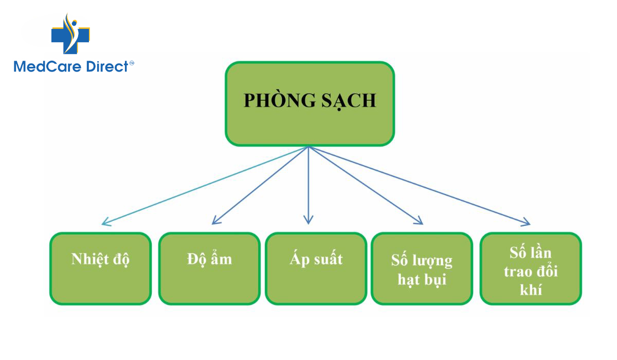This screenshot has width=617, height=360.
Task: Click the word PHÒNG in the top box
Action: [x=280, y=100]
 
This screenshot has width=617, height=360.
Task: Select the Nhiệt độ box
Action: [x=101, y=268]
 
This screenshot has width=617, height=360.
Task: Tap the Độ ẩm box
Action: [x=209, y=268]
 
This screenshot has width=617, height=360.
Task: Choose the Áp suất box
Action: [x=316, y=268]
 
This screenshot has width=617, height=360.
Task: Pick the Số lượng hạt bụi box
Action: [x=422, y=268]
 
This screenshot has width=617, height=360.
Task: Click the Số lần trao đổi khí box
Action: [x=531, y=268]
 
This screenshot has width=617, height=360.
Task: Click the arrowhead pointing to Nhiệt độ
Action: [x=106, y=222]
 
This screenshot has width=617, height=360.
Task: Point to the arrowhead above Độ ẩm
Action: [x=216, y=220]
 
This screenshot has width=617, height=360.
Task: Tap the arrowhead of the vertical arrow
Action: [x=308, y=220]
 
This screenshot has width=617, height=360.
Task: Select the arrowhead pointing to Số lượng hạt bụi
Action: [x=418, y=220]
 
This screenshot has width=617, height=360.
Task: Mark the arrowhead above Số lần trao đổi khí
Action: [x=525, y=222]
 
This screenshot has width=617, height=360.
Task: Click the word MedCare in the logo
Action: [x=47, y=67]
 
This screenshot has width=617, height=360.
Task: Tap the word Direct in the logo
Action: [x=107, y=67]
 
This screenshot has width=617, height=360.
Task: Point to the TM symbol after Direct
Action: [x=132, y=63]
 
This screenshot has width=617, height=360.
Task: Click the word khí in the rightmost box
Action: [x=531, y=290]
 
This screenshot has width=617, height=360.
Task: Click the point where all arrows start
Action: [x=308, y=146]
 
